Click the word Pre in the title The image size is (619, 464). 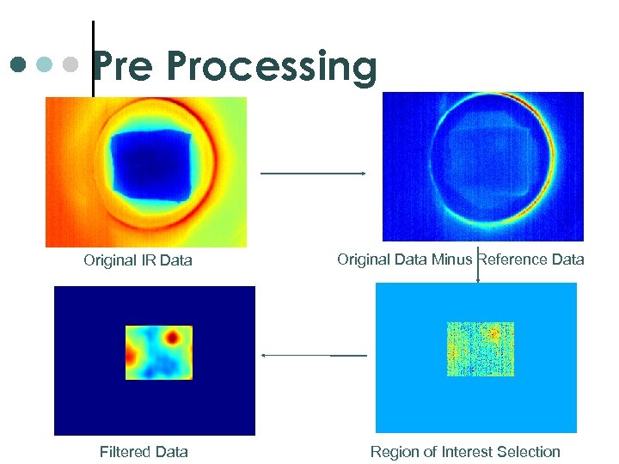pos(124,66)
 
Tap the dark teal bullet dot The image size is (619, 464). pos(19,64)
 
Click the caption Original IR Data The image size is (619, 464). pos(138,260)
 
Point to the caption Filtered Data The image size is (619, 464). pos(144,452)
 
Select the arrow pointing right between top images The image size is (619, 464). pos(313,174)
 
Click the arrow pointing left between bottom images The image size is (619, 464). pos(313,355)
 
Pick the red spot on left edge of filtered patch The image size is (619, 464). pos(132,354)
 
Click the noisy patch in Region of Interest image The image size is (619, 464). pos(480,349)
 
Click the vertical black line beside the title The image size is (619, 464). pos(93,56)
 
